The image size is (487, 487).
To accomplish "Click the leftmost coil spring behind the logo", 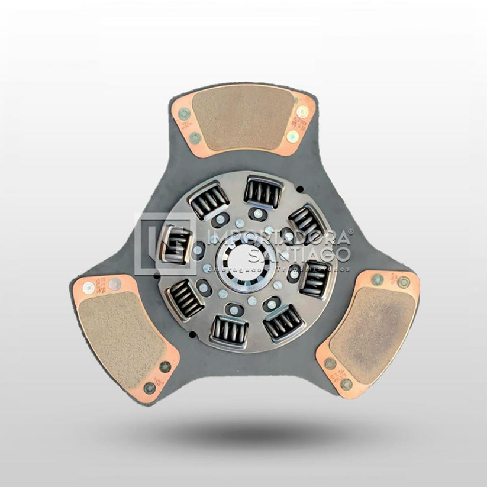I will pyautogui.click(x=175, y=244).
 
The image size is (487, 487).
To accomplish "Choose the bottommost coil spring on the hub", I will pyautogui.click(x=228, y=331).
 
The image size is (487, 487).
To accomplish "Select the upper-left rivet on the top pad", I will pyautogui.click(x=184, y=114).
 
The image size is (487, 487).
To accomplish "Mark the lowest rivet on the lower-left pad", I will pyautogui.click(x=150, y=388).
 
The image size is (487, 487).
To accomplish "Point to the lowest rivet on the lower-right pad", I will pyautogui.click(x=346, y=385).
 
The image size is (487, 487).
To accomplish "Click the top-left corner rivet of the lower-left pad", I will pyautogui.click(x=88, y=288).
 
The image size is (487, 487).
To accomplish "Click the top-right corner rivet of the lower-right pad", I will pyautogui.click(x=404, y=282).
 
